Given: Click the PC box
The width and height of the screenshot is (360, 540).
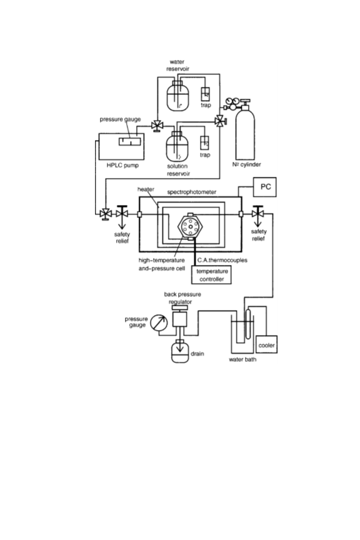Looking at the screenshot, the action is [x=264, y=187].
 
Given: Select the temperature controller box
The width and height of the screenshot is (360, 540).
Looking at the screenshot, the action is [x=211, y=275].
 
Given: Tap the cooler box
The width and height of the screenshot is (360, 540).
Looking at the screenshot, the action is [x=266, y=344].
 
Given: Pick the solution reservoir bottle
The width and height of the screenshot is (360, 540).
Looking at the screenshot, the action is [x=177, y=147].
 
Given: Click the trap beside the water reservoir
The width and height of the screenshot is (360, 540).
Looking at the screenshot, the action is [x=206, y=94].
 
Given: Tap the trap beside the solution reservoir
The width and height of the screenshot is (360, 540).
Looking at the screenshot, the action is [x=204, y=143].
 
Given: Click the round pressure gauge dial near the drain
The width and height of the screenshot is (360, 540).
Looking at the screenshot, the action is [x=159, y=322].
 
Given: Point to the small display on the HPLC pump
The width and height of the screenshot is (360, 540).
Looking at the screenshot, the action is [x=130, y=141].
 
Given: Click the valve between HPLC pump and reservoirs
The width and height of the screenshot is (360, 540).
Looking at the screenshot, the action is [x=157, y=126].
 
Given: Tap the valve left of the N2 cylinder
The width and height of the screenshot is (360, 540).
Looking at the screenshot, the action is [x=219, y=121].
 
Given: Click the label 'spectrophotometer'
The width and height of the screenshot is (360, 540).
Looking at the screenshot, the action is [x=191, y=192].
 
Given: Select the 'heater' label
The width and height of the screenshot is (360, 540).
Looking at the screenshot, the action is [x=146, y=189].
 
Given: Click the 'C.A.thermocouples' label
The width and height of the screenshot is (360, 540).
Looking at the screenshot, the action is [x=222, y=260].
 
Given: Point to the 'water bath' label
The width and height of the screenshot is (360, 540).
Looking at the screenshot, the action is [x=242, y=359].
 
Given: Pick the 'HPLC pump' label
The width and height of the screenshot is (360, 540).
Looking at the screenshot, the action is [x=122, y=165].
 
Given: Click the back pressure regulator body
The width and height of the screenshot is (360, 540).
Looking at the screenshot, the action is [x=180, y=319].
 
